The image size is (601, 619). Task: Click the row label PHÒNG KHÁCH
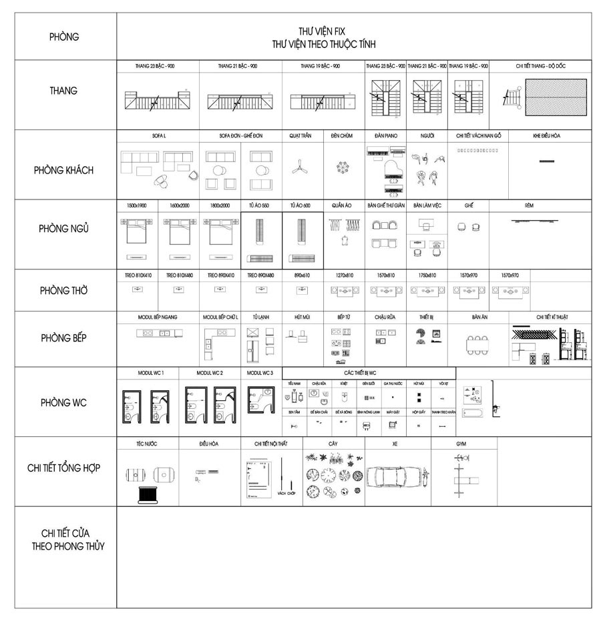63,170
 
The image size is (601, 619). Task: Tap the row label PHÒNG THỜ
63,291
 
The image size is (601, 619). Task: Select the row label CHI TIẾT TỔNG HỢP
63,468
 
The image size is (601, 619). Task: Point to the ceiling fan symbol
300,167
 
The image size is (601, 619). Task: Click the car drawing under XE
395,478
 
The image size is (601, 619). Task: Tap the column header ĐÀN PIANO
385,135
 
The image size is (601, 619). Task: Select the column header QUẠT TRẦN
300,135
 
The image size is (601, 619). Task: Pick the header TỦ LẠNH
260,317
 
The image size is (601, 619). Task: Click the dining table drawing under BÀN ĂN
480,344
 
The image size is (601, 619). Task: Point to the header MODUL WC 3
264,372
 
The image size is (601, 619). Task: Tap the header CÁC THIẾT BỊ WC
360,373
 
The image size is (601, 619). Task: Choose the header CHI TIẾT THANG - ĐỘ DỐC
542,66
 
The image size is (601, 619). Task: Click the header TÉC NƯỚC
146,443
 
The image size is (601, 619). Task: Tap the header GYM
461,443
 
